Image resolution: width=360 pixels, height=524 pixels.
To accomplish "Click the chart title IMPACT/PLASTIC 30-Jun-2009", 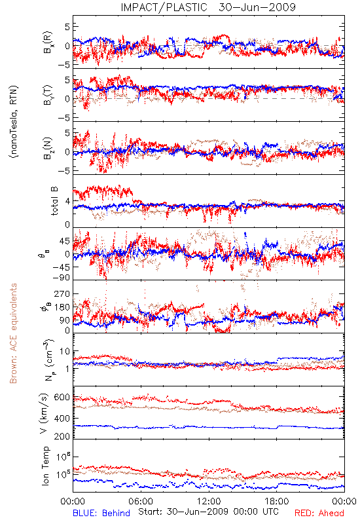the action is (x=208, y=7).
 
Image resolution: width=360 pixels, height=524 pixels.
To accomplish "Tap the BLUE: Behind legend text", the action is (x=101, y=514).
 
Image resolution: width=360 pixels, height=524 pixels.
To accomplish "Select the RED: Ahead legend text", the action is (x=319, y=514).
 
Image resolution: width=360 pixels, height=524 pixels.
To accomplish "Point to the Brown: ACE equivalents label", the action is (x=13, y=333).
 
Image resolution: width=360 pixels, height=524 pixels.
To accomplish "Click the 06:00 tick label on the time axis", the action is (x=141, y=501).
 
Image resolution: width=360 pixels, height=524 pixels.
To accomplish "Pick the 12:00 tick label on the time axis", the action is (x=209, y=501).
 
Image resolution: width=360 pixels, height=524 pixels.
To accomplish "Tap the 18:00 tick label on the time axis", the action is (x=277, y=501).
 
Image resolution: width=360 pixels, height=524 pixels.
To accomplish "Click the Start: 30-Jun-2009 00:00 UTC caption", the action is (x=208, y=512).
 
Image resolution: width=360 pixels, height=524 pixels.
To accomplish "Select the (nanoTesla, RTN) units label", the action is (x=14, y=122).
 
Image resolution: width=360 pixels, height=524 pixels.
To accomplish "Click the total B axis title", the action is (x=54, y=201).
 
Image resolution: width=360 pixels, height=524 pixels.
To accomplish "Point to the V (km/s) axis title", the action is (x=44, y=413).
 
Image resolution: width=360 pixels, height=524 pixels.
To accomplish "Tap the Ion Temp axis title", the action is (x=45, y=466).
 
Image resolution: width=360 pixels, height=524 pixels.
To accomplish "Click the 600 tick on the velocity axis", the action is (x=62, y=398).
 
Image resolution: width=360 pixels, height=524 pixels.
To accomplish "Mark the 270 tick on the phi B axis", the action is (x=62, y=294).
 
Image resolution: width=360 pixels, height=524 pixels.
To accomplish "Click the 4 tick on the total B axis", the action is (x=68, y=202).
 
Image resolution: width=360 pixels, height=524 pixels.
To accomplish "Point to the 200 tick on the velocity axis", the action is (x=62, y=436).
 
